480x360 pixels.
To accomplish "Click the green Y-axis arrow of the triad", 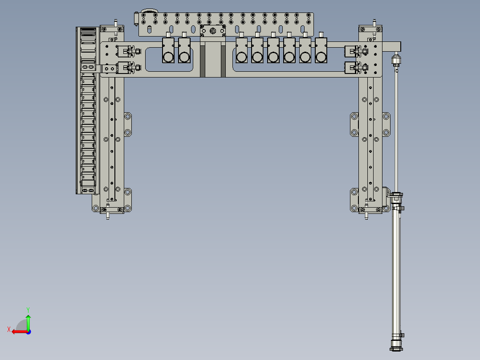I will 28,322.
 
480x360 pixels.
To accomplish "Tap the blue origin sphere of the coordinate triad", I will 28,331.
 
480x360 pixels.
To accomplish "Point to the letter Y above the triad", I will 28,309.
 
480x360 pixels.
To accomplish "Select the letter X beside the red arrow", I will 8,329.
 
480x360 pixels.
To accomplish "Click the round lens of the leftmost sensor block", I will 168,57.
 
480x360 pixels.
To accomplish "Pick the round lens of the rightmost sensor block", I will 321,57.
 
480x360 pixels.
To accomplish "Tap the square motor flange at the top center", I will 213,31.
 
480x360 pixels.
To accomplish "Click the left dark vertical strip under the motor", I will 203,61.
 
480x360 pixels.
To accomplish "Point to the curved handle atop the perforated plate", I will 149,11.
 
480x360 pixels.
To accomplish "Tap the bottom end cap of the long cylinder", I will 396,347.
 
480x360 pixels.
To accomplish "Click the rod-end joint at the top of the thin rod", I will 395,60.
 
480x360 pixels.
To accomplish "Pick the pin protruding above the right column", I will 374,22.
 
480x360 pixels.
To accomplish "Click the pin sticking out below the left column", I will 108,217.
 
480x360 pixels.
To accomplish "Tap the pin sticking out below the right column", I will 366,217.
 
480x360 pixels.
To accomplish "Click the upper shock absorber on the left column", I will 129,52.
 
